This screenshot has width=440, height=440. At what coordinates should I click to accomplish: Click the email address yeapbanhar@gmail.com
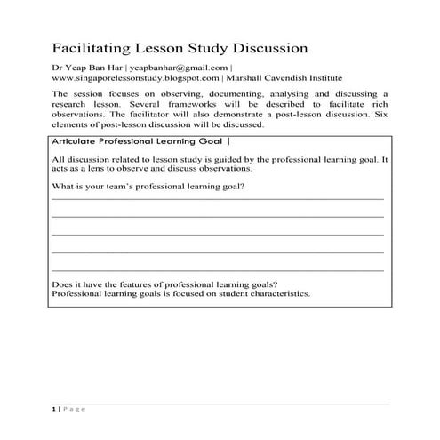(180, 68)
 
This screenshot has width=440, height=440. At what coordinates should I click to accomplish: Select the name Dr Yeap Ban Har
(86, 68)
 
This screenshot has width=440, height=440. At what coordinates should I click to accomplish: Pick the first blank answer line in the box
(218, 199)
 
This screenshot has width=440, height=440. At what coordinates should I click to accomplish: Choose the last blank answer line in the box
(218, 269)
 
